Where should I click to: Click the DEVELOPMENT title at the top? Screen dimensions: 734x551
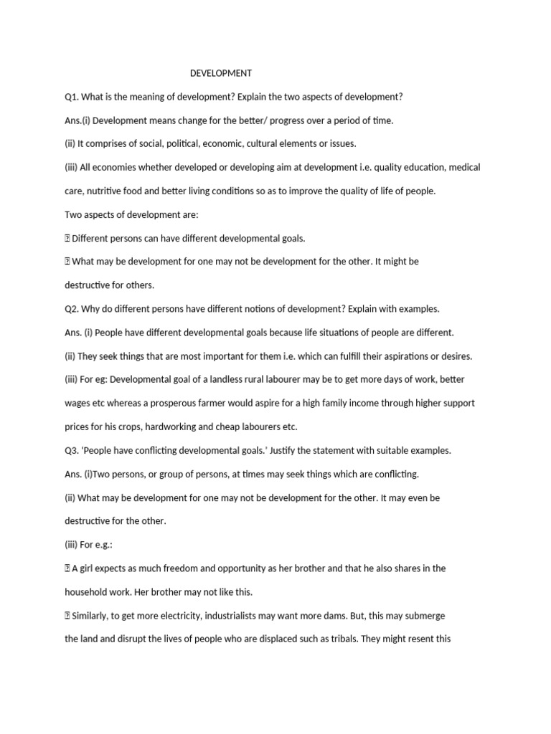coord(220,73)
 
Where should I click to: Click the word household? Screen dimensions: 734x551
coord(87,593)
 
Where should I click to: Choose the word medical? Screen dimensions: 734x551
coord(463,168)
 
